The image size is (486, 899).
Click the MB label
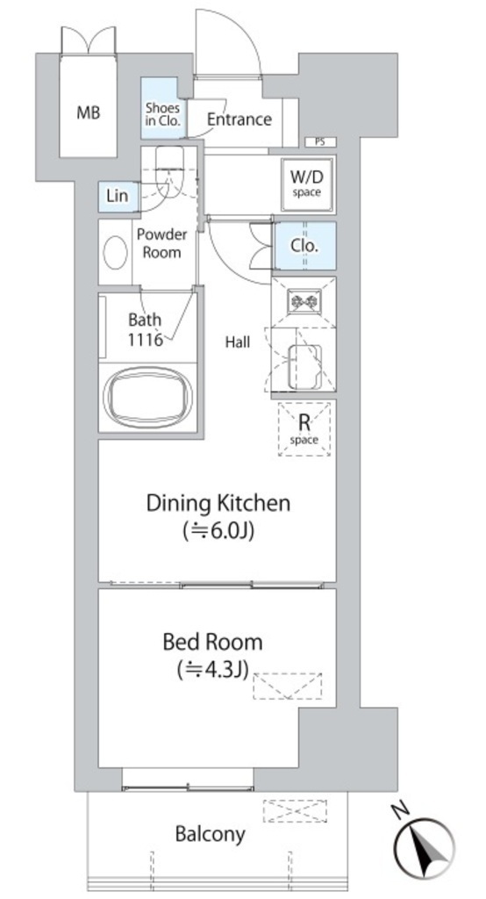[x=89, y=112]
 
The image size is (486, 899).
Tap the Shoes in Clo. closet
[x=163, y=108]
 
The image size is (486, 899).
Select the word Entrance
[x=239, y=119]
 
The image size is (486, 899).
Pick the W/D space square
[x=307, y=184]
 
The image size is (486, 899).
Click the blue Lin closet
[x=118, y=196]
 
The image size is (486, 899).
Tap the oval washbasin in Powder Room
[x=116, y=252]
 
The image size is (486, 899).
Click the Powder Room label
[x=161, y=244]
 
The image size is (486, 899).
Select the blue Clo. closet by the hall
[x=305, y=246]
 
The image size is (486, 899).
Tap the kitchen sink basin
[x=304, y=366]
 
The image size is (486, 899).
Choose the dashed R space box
[x=304, y=428]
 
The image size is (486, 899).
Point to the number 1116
[x=146, y=339]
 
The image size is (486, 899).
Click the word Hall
[x=237, y=342]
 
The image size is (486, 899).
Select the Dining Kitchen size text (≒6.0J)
[x=218, y=531]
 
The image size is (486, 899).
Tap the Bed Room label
[x=212, y=642]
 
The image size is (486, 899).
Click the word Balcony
[x=211, y=834]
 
